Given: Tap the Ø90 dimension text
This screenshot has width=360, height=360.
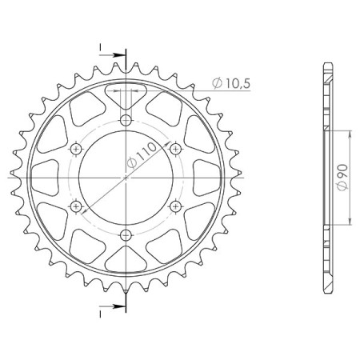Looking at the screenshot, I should pyautogui.click(x=342, y=176).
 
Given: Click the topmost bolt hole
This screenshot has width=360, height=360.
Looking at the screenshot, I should pyautogui.click(x=126, y=120).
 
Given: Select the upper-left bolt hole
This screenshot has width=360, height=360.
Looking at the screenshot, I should pyautogui.click(x=76, y=149).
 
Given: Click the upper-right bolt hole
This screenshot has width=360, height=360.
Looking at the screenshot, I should pyautogui.click(x=175, y=149).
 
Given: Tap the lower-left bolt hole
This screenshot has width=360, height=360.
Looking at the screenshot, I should pyautogui.click(x=76, y=206).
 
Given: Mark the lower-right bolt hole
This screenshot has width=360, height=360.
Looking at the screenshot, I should pyautogui.click(x=175, y=206).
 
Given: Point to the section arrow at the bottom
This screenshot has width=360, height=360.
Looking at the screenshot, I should pyautogui.click(x=118, y=305).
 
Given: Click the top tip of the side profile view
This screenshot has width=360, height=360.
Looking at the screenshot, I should pyautogui.click(x=326, y=63).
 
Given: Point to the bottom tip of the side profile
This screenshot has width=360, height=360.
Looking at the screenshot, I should pyautogui.click(x=326, y=293).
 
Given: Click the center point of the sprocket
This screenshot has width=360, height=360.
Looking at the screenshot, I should pyautogui.click(x=126, y=178).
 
